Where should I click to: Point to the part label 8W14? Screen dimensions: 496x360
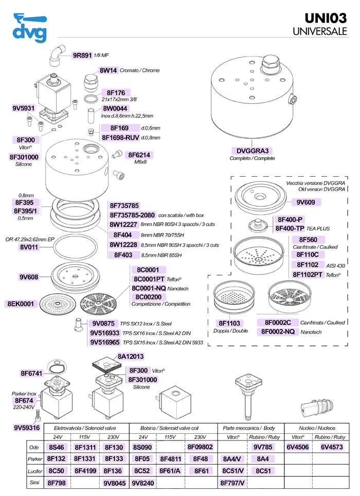click(x=109, y=70)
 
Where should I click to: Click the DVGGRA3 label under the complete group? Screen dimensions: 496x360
click(x=252, y=151)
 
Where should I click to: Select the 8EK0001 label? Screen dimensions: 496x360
click(x=20, y=304)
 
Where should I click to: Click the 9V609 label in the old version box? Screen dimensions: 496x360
click(x=305, y=202)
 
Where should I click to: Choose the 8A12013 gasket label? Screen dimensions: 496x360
click(x=131, y=356)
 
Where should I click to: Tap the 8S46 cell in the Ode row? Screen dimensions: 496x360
click(x=56, y=447)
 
